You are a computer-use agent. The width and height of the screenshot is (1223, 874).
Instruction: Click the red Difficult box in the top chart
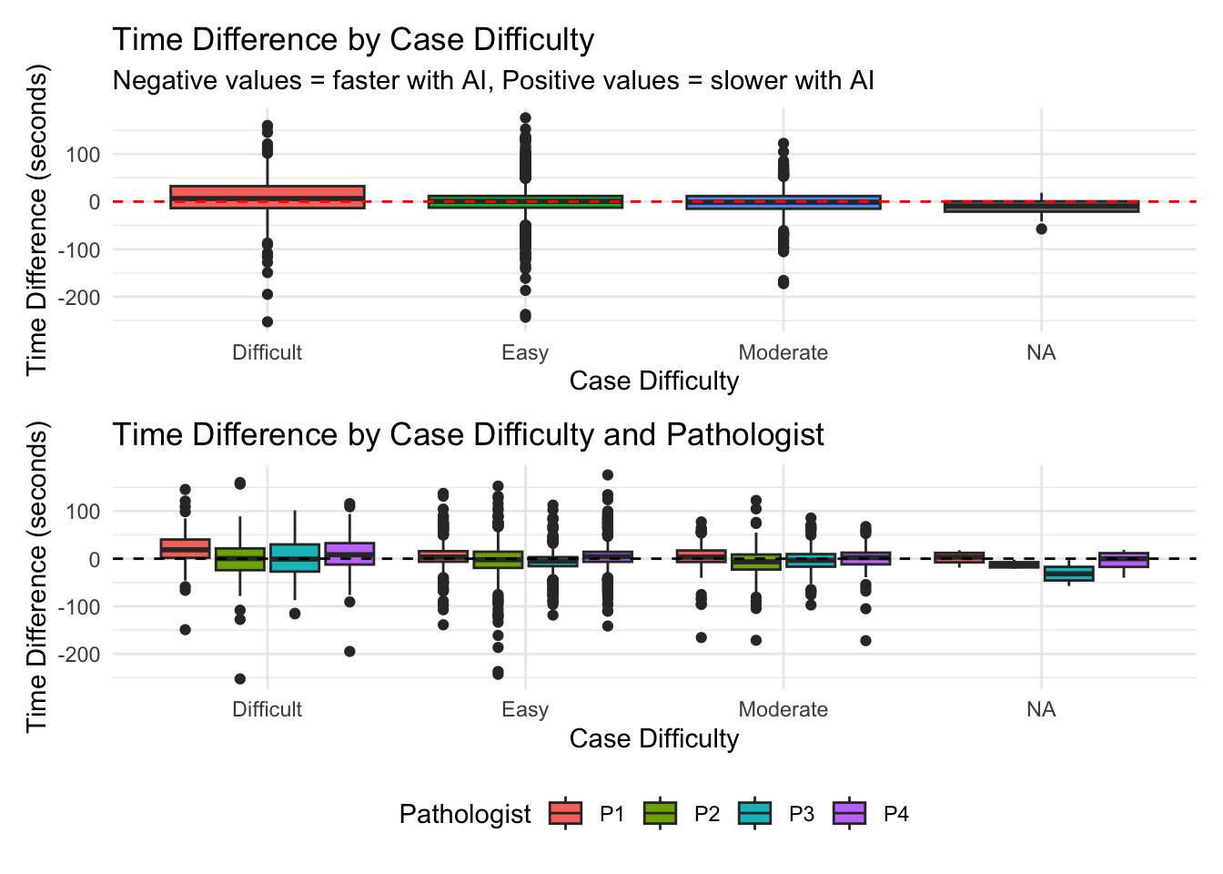point(268,198)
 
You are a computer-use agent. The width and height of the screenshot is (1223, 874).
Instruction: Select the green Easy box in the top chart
point(525,201)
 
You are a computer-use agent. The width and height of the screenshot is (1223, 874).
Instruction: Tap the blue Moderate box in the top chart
point(783,202)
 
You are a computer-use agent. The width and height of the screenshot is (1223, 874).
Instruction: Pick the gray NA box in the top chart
point(1042,206)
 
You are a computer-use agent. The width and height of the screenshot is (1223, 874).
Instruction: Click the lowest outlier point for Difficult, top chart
point(268,321)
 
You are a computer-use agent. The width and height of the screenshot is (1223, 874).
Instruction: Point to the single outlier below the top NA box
point(1042,229)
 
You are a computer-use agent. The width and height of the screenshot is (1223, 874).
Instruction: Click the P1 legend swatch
point(566,813)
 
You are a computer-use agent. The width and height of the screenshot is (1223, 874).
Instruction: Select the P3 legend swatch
point(754,813)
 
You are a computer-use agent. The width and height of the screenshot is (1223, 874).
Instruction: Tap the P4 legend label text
point(896,814)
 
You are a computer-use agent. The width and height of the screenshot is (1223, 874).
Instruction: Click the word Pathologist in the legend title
point(465,815)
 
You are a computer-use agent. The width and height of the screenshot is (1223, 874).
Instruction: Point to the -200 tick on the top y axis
point(79,299)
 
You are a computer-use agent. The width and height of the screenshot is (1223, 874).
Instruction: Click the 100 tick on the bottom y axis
point(83,512)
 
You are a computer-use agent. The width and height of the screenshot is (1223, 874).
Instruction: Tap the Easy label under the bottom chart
point(525,709)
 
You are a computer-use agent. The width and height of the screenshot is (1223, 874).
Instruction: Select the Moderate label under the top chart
point(783,353)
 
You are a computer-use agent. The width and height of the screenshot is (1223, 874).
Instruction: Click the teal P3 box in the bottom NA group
point(1069,574)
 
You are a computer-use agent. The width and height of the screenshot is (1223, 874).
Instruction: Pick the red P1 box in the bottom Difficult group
point(185,548)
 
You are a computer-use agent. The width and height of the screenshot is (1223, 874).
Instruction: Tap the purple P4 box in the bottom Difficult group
point(349,554)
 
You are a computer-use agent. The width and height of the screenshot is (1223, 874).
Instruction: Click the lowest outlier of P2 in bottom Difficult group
point(239,679)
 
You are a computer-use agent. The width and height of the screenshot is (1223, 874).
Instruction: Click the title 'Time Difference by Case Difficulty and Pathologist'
point(468,435)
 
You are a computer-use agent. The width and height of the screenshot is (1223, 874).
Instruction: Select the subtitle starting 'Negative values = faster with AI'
point(493,81)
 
